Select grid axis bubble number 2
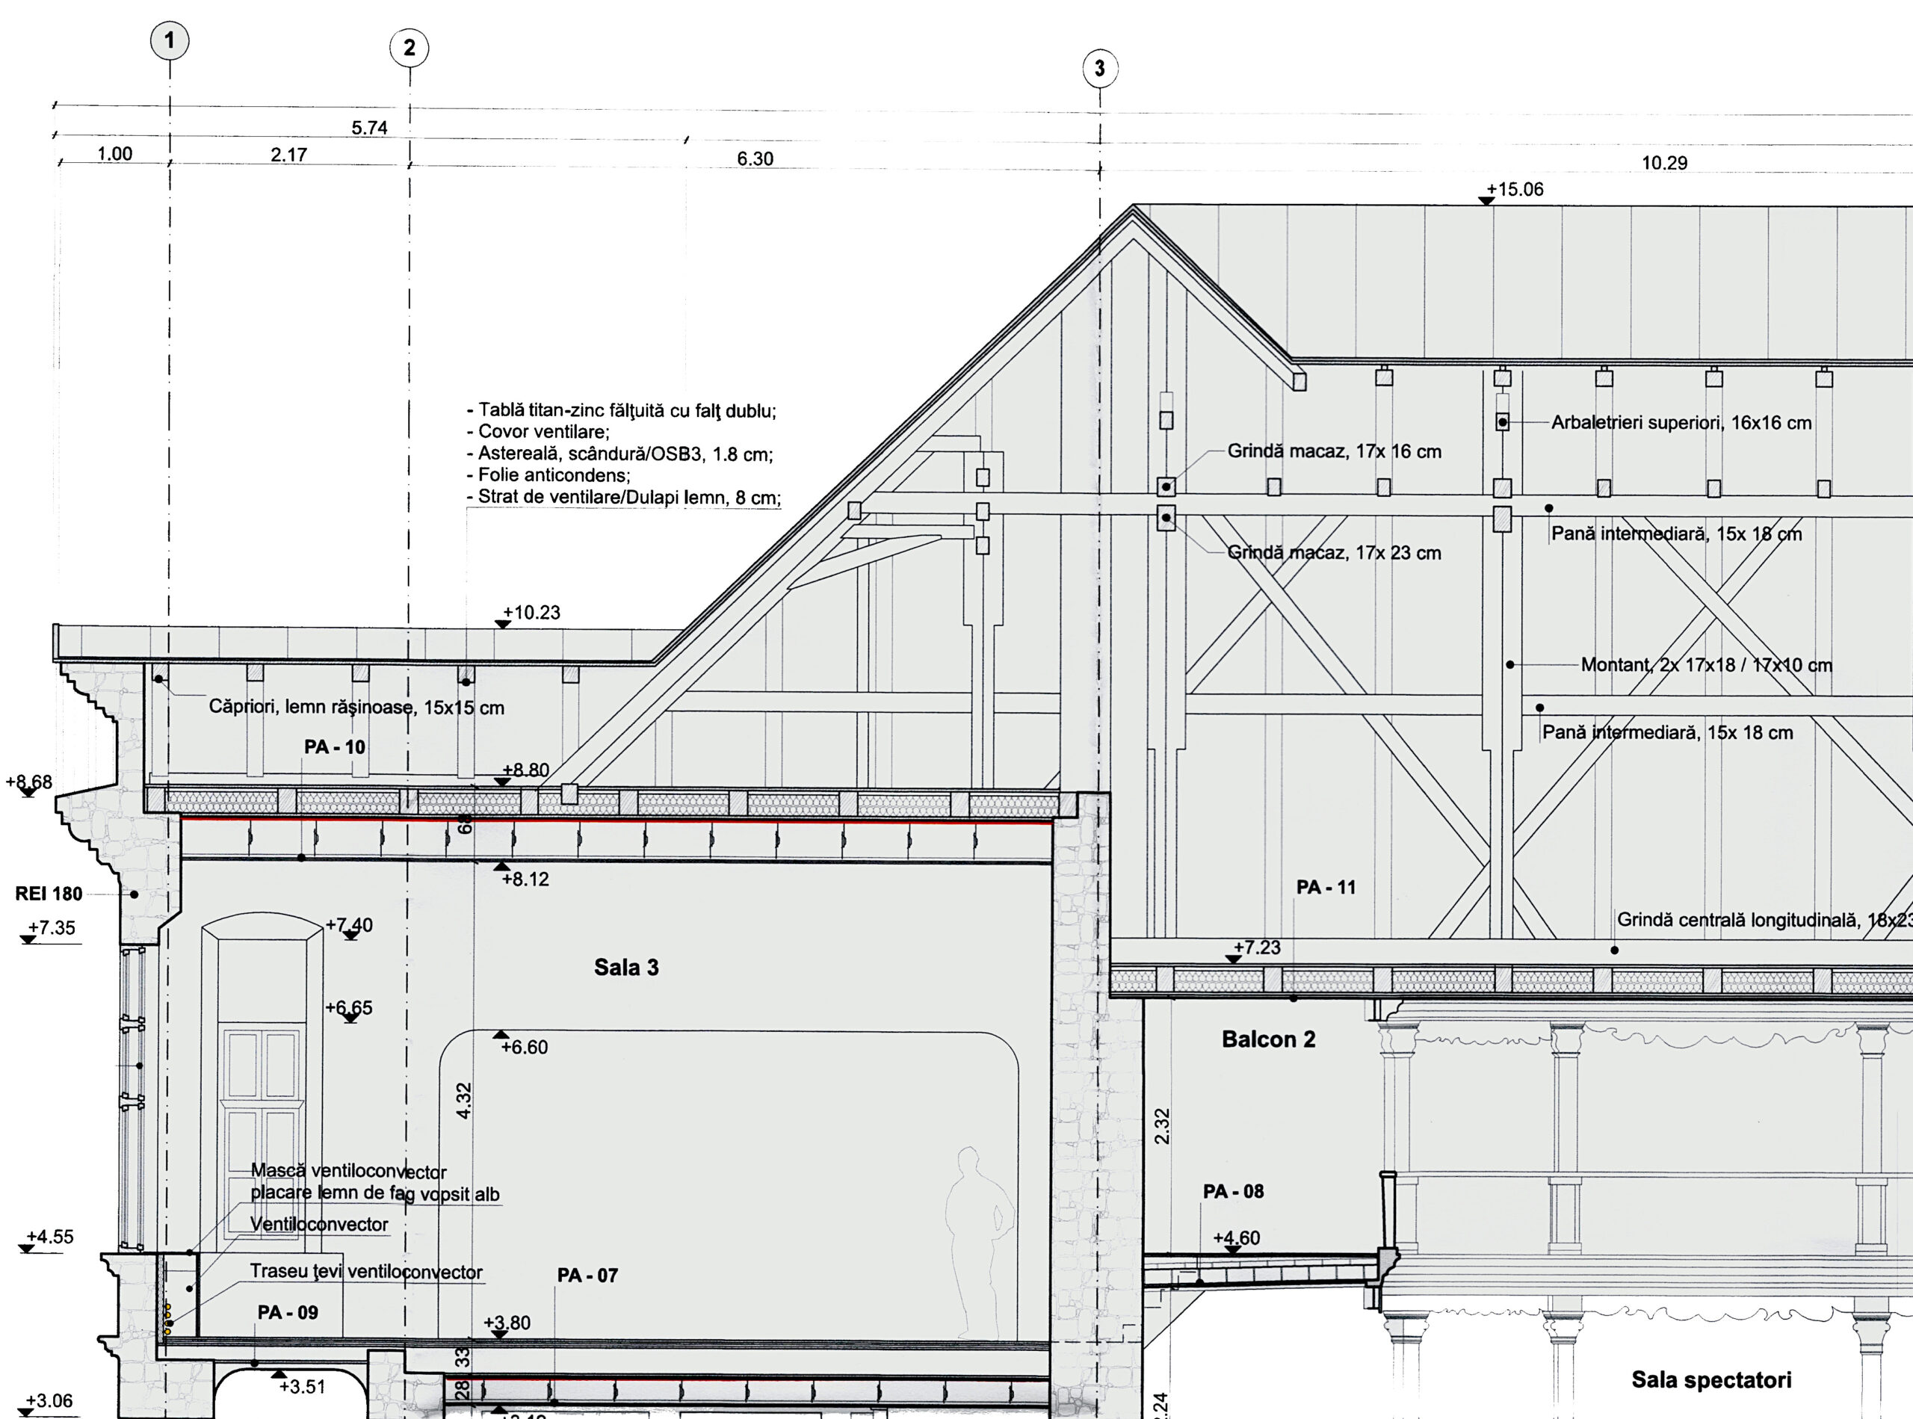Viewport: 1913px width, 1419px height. click(409, 47)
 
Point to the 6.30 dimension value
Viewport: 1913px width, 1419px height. click(755, 159)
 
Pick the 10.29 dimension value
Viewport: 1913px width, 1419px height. click(1664, 163)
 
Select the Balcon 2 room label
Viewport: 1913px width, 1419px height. click(1268, 1040)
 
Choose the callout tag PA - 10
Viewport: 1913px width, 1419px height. click(334, 747)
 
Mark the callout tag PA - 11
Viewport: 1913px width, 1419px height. click(1326, 887)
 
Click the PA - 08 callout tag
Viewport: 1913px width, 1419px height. click(1233, 1191)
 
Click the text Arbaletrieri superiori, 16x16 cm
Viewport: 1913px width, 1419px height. click(1681, 424)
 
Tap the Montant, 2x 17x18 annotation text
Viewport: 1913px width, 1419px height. click(1706, 665)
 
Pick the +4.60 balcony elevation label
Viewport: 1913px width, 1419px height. click(1236, 1237)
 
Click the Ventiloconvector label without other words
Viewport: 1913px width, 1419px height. click(318, 1224)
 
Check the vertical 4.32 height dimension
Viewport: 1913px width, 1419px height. click(463, 1101)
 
